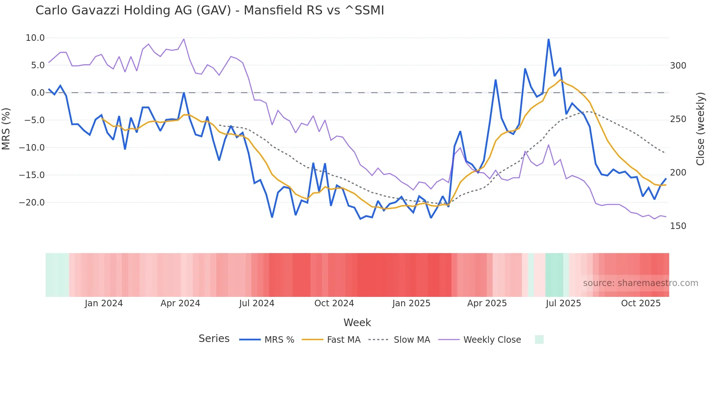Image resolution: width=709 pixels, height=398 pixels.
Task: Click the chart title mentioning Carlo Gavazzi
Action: pos(210,10)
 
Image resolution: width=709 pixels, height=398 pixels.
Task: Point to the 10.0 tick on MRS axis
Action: pos(35,38)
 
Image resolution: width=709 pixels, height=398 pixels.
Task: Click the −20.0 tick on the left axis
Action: pos(32,203)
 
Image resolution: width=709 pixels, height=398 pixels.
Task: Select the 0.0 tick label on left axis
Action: pos(38,93)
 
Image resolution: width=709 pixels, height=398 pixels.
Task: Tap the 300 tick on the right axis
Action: pos(678,66)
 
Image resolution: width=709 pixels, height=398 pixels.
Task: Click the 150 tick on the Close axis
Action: pos(678,226)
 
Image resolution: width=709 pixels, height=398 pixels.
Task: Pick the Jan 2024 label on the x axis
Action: pos(104,303)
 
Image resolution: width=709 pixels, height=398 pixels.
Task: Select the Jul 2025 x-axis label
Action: pos(563,303)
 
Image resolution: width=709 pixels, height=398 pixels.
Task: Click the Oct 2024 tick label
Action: pos(334,303)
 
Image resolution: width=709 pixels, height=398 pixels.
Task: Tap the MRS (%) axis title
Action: pos(6,129)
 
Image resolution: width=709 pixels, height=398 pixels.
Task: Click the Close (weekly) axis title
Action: pos(700,129)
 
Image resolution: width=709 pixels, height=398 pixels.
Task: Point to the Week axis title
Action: pos(357,323)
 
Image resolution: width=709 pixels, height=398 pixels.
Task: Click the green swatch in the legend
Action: pos(539,339)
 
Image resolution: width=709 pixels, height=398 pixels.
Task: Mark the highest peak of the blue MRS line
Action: pos(548,39)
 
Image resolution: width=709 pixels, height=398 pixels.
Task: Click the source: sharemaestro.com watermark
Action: pos(640,283)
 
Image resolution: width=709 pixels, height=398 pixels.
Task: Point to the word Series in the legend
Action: pos(214,339)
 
